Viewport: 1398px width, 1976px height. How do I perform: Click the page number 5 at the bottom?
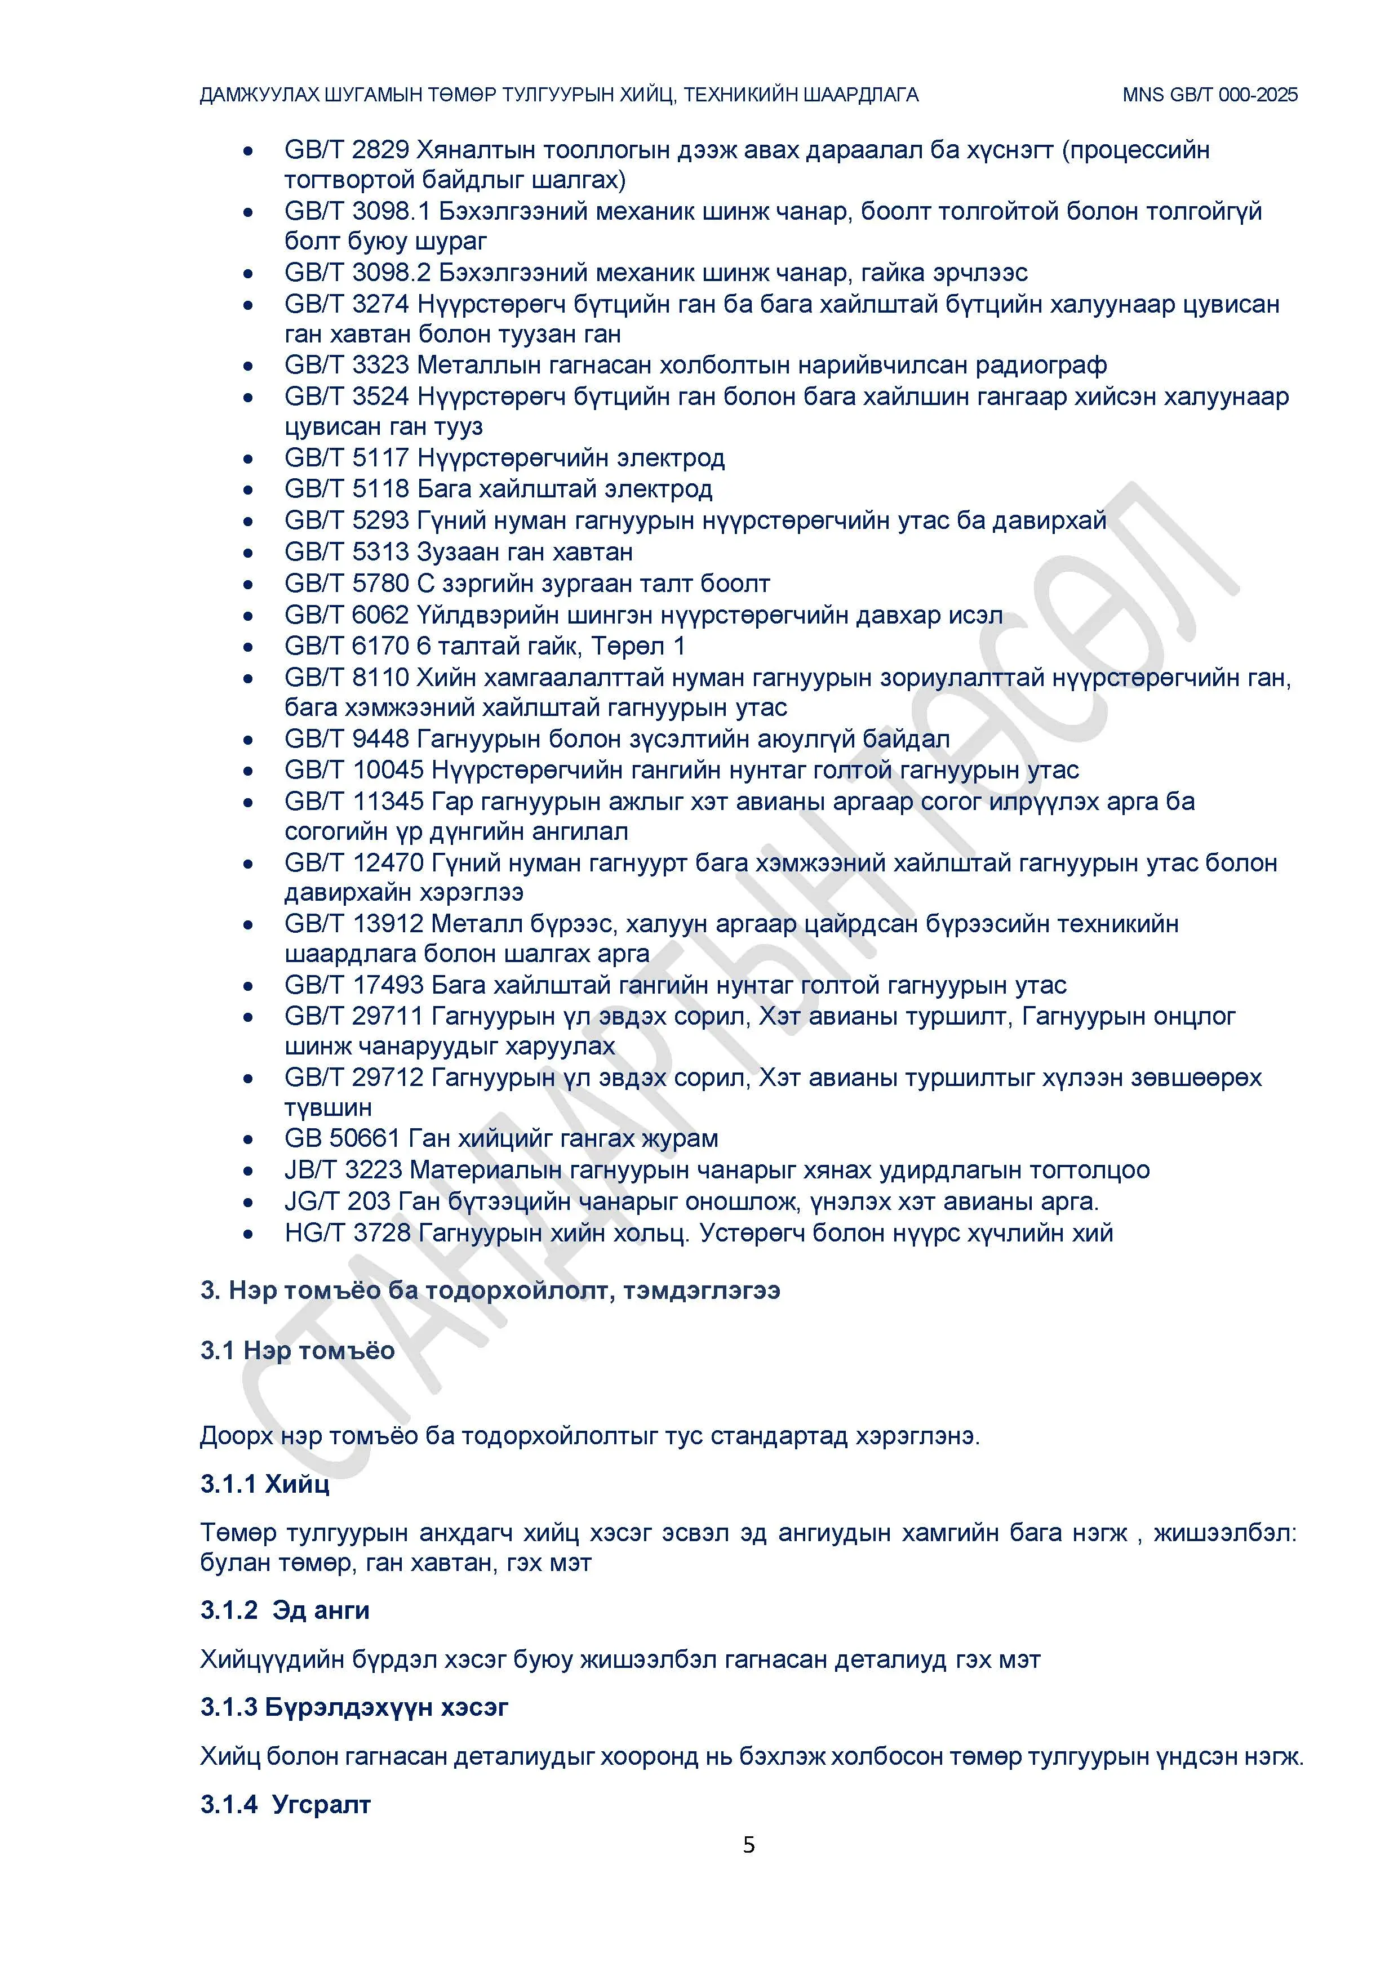[749, 1844]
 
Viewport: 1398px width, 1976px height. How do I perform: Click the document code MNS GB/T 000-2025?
[1209, 95]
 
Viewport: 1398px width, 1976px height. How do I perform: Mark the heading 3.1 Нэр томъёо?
[297, 1350]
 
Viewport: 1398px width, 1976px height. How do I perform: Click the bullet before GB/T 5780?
[248, 584]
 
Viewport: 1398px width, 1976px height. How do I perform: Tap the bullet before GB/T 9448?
[248, 740]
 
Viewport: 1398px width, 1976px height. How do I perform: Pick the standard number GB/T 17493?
[354, 985]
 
